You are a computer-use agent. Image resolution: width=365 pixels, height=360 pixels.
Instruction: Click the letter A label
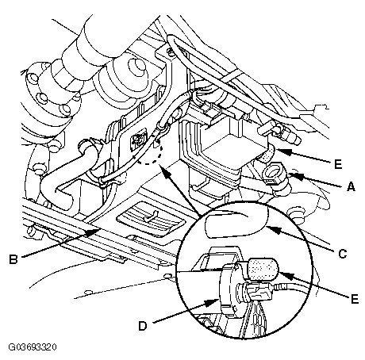(x=351, y=186)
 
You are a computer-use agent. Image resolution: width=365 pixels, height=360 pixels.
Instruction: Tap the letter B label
(x=13, y=259)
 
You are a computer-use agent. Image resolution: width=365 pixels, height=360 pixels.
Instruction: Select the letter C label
(x=343, y=254)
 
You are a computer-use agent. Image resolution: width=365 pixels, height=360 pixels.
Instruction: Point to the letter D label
(x=143, y=326)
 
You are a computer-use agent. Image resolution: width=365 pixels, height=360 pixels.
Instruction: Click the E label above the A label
(x=338, y=164)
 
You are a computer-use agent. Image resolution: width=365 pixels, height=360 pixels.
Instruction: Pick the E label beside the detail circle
(x=355, y=299)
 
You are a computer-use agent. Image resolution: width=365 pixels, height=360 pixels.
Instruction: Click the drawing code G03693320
(x=33, y=347)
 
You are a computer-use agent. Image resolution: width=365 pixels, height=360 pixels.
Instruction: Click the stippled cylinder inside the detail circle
(x=262, y=269)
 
